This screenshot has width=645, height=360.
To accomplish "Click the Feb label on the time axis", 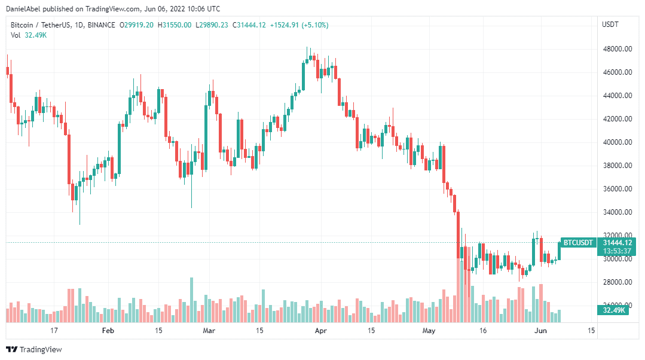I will tap(108, 330).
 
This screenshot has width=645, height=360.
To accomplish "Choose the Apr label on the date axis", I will tap(321, 330).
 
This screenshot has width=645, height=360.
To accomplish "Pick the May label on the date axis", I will tap(429, 330).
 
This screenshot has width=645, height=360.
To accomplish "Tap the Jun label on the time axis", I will tap(540, 330).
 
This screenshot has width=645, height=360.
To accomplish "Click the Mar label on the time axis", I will tap(209, 330).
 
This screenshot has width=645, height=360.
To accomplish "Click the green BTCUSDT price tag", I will tap(578, 242).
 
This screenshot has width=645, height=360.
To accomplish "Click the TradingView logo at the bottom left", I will tap(34, 349).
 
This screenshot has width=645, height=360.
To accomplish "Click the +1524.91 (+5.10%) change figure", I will tap(299, 25).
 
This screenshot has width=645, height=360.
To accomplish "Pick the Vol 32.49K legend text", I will tap(29, 35).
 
